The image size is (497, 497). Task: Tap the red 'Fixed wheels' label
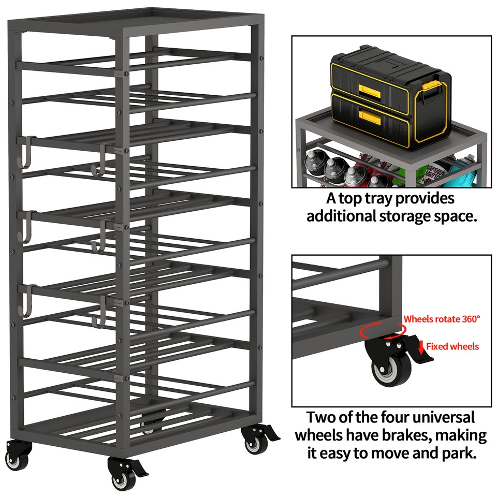tap(452, 346)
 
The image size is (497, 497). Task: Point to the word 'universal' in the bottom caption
tap(435, 417)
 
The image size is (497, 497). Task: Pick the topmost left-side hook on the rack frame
tap(26, 151)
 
